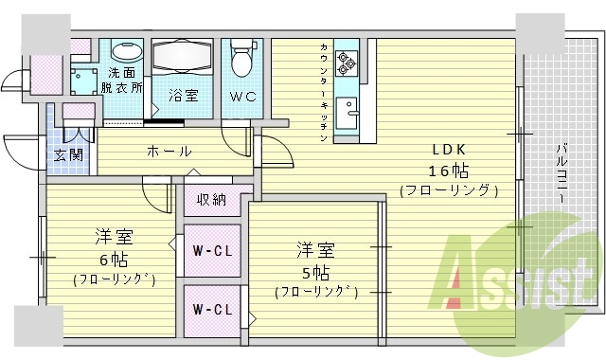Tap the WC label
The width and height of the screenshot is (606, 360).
pyautogui.click(x=241, y=96)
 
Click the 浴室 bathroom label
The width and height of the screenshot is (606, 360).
pyautogui.click(x=183, y=95)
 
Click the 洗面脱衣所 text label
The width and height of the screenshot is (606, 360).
pyautogui.click(x=123, y=80)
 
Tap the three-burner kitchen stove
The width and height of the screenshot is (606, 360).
pyautogui.click(x=346, y=63)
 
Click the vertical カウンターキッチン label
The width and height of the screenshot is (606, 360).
pyautogui.click(x=324, y=93)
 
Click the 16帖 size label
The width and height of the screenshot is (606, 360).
pyautogui.click(x=449, y=171)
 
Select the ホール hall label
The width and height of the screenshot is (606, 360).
pyautogui.click(x=169, y=151)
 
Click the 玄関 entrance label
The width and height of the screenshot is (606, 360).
pyautogui.click(x=67, y=153)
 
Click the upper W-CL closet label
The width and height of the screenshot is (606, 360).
pyautogui.click(x=212, y=251)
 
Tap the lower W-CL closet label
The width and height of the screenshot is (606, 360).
pyautogui.click(x=212, y=310)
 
